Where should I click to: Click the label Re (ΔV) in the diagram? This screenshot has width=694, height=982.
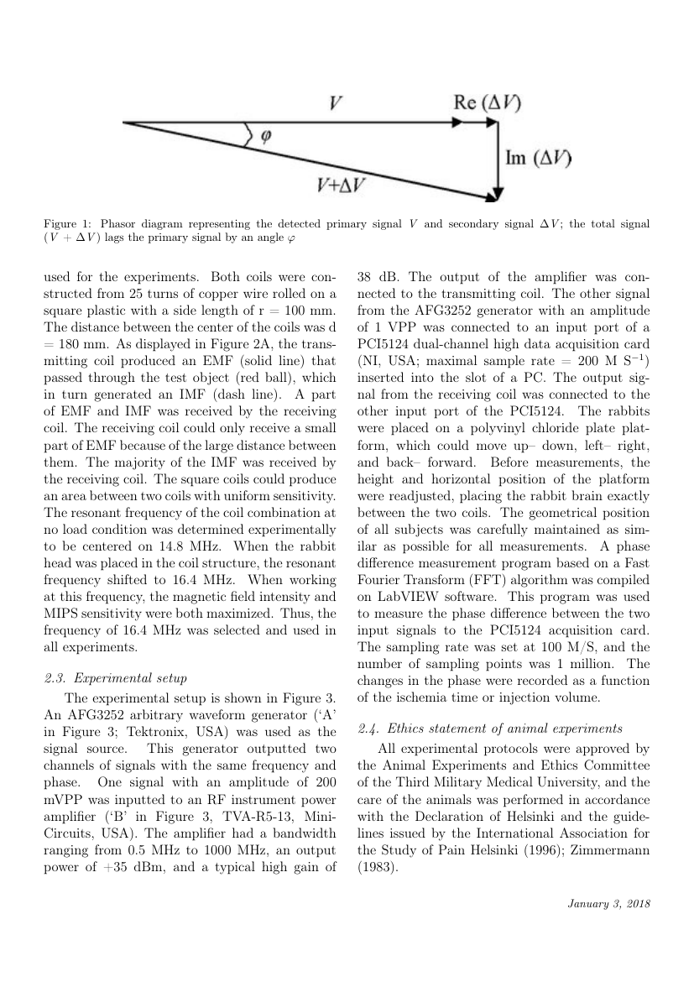(486, 103)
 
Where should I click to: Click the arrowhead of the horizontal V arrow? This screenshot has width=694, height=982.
(493, 122)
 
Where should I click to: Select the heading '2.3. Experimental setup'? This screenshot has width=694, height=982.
(114, 678)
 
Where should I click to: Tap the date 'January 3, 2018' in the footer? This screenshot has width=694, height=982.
(608, 904)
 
